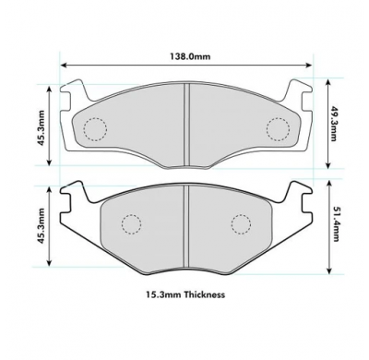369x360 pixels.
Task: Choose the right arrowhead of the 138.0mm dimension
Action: pyautogui.click(x=310, y=66)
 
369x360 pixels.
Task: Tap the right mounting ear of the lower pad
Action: pyautogui.click(x=298, y=196)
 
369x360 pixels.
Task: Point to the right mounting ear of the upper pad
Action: pyautogui.click(x=297, y=92)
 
